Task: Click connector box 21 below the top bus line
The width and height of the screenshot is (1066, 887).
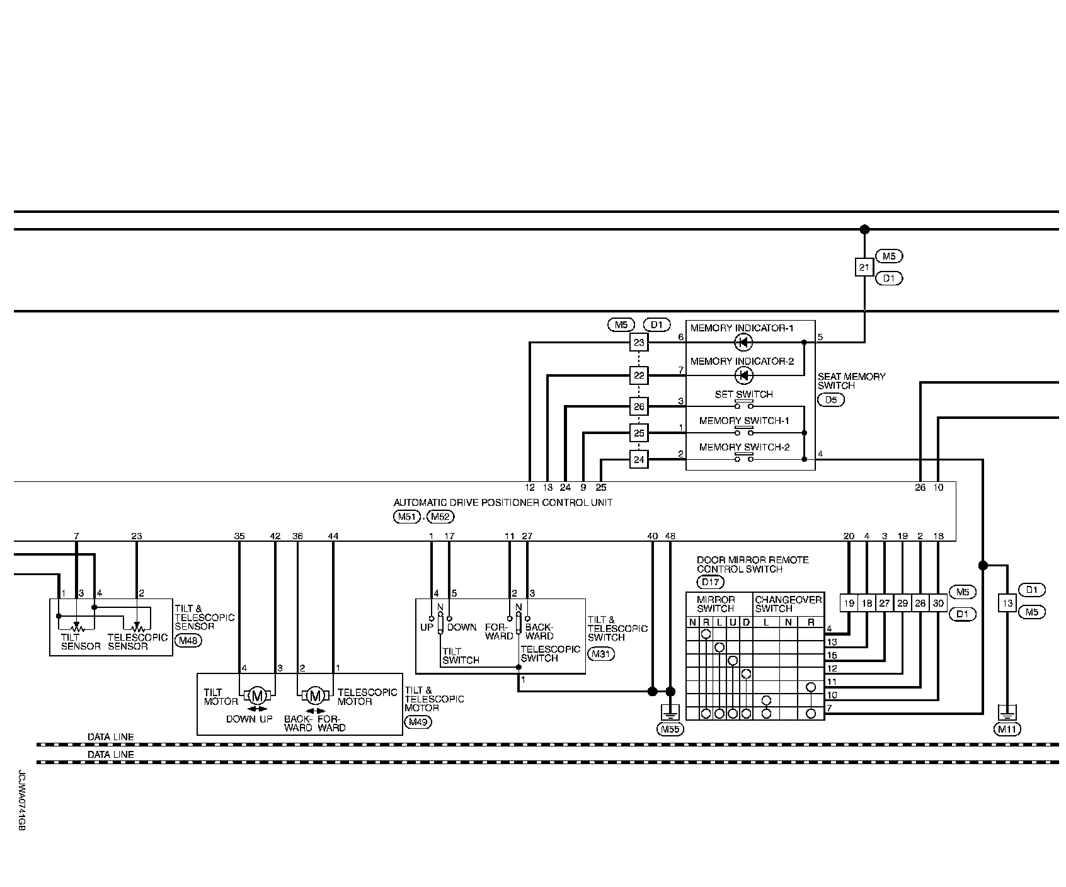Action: coord(864,267)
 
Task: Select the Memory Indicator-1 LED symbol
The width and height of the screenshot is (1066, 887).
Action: coord(744,342)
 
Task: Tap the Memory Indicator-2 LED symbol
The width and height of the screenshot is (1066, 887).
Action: coord(744,376)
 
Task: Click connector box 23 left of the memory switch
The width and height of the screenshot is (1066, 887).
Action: coord(639,342)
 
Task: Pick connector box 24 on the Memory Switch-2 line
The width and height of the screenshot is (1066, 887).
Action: coord(639,459)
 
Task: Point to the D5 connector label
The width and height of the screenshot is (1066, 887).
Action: coord(830,399)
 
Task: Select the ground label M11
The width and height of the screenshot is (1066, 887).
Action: coord(1007,729)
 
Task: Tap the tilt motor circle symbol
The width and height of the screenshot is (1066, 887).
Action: coord(257,695)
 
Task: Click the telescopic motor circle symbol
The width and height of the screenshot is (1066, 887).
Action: coord(316,695)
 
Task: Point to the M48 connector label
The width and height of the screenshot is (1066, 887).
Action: coord(187,641)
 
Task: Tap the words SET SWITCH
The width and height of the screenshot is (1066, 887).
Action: coord(743,394)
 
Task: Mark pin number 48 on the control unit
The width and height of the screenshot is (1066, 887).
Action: coord(670,536)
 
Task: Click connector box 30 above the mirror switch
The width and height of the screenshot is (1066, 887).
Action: coord(938,603)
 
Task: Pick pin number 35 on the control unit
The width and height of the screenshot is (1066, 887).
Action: coord(239,536)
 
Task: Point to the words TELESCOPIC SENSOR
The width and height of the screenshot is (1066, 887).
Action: coord(137,641)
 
